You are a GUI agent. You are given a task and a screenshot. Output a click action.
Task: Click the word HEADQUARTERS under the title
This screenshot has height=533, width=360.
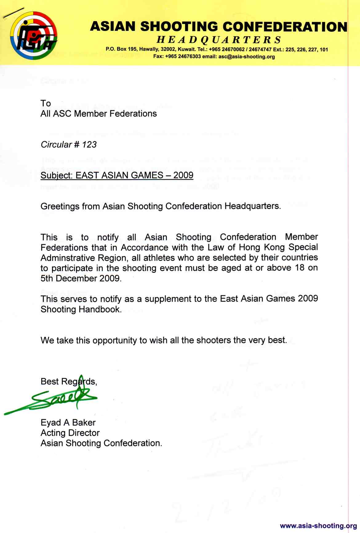pos(219,40)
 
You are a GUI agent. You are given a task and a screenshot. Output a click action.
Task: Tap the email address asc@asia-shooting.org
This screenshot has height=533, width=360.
pos(246,57)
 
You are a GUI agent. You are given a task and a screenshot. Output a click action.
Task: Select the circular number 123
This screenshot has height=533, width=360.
pos(89,145)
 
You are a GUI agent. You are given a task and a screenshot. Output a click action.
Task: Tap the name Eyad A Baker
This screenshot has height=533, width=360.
pos(68,423)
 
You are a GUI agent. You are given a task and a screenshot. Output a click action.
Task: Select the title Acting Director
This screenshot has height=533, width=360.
pos(70,433)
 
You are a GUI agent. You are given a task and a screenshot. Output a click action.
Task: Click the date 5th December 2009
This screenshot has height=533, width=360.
pos(81,278)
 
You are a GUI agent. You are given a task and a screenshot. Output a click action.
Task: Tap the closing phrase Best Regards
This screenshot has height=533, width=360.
pos(68,382)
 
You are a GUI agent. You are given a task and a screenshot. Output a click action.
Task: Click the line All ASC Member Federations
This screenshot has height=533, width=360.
pos(98,114)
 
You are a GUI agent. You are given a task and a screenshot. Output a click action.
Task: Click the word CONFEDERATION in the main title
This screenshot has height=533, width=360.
pos(285,27)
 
